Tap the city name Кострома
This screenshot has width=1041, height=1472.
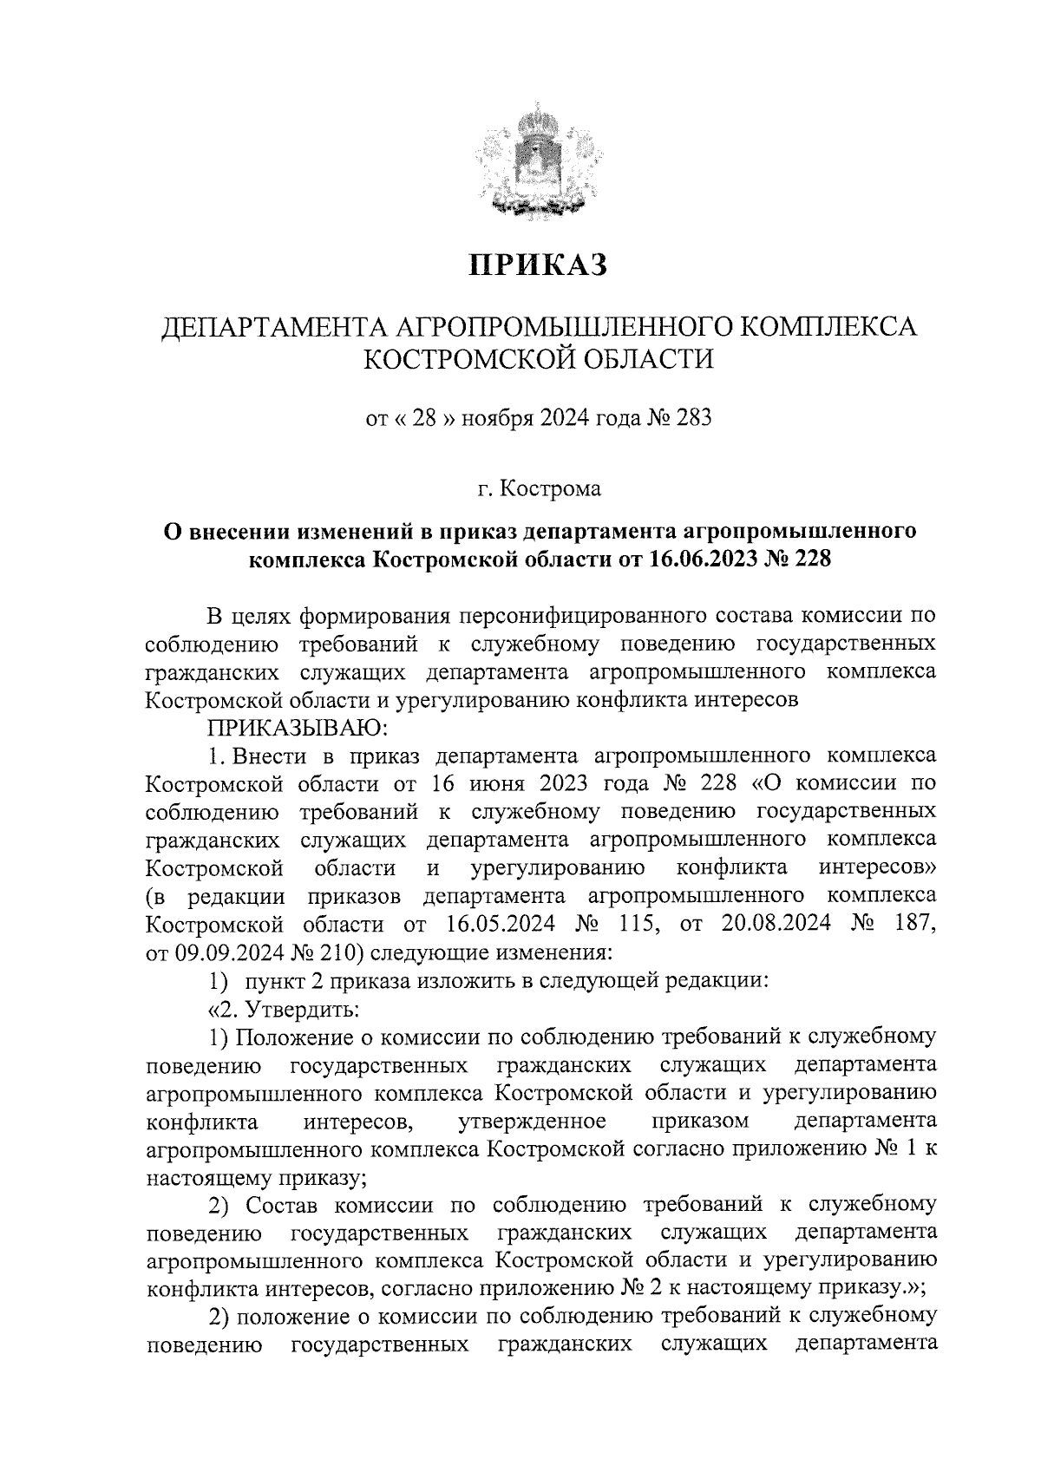point(550,490)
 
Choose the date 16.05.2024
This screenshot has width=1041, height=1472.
point(498,923)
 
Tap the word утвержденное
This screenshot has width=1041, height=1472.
point(531,1122)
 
